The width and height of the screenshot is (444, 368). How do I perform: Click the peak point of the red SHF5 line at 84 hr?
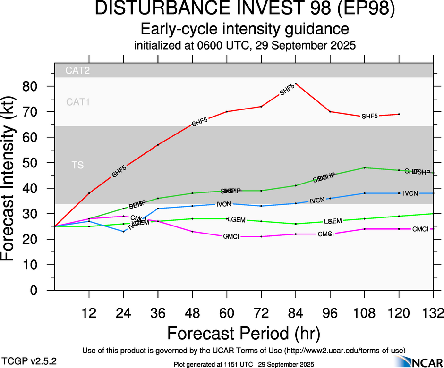pyautogui.click(x=296, y=84)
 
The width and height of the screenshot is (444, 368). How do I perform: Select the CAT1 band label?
pyautogui.click(x=78, y=101)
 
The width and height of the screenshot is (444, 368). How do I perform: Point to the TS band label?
pyautogui.click(x=78, y=165)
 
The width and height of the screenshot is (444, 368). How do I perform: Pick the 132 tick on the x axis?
pyautogui.click(x=433, y=312)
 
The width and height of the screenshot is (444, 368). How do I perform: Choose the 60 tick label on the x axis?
pyautogui.click(x=227, y=312)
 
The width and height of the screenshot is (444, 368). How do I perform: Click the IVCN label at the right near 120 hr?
pyautogui.click(x=411, y=193)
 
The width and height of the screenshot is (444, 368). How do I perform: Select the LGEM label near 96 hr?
pyautogui.click(x=333, y=221)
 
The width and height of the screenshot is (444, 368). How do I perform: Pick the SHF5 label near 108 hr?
pyautogui.click(x=369, y=116)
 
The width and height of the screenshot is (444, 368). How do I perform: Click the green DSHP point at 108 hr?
pyautogui.click(x=365, y=168)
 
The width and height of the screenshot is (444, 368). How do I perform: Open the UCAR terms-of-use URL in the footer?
pyautogui.click(x=344, y=351)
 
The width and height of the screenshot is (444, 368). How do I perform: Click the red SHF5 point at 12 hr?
pyautogui.click(x=89, y=193)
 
